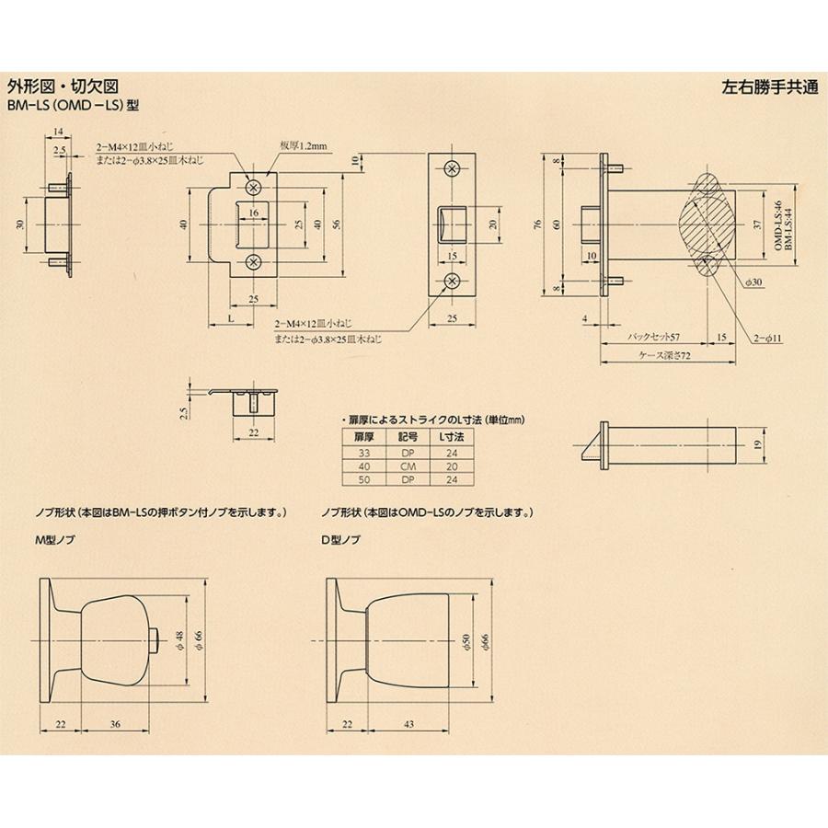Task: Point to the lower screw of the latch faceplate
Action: coord(451,281)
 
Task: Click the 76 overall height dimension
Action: coord(535,224)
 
